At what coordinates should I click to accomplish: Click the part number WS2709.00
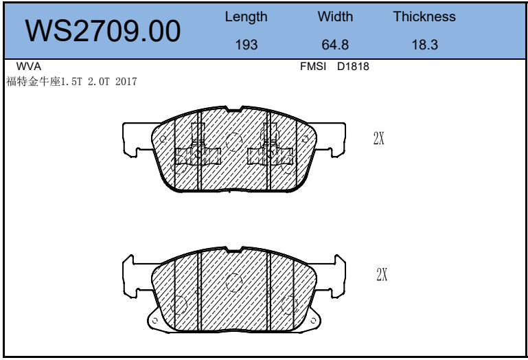pyautogui.click(x=103, y=31)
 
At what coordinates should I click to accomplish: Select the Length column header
pyautogui.click(x=246, y=17)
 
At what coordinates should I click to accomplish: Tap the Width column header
pyautogui.click(x=335, y=16)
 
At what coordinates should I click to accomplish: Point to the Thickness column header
pyautogui.click(x=424, y=16)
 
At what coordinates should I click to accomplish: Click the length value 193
pyautogui.click(x=246, y=45)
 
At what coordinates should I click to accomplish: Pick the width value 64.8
pyautogui.click(x=335, y=45)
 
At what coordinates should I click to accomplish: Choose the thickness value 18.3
pyautogui.click(x=424, y=45)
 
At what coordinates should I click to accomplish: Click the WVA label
pyautogui.click(x=29, y=67)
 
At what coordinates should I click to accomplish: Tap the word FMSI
pyautogui.click(x=313, y=67)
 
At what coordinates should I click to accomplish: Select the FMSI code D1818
pyautogui.click(x=353, y=67)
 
